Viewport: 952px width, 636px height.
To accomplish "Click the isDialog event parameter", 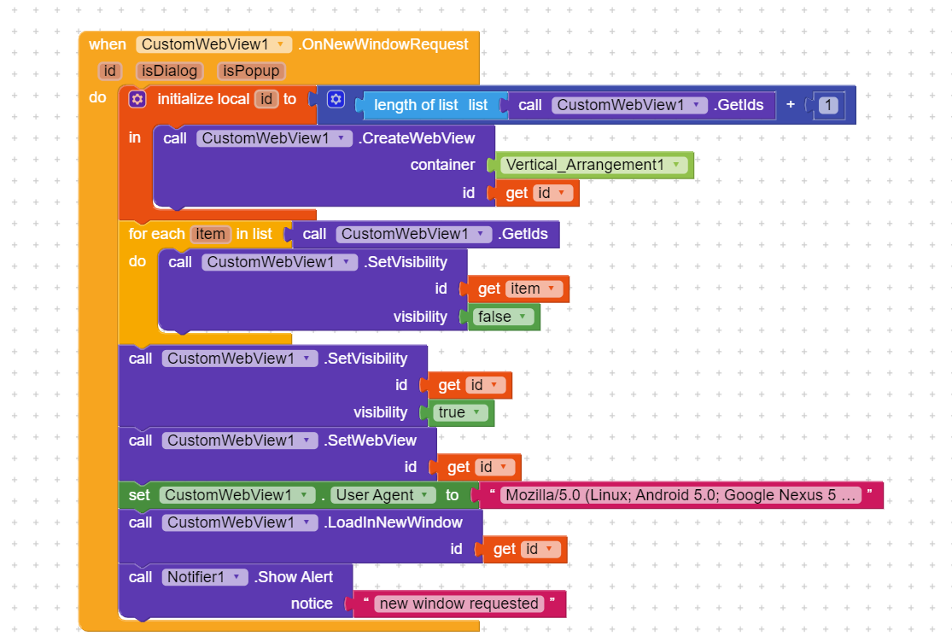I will coord(167,71).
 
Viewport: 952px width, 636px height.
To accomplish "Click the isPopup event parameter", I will coord(251,71).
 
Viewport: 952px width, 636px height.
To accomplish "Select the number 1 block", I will coord(827,105).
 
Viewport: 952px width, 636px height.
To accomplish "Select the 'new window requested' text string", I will coord(459,604).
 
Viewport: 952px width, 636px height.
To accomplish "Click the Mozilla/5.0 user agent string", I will coord(680,495).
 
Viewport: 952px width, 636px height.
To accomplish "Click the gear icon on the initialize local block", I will coord(137,99).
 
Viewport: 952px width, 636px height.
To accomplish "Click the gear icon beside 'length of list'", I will coord(336,100).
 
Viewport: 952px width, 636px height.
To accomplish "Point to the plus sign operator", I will coord(791,105).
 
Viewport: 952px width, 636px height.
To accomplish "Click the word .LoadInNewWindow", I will coord(393,522).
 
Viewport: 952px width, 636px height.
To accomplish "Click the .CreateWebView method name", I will coord(416,137).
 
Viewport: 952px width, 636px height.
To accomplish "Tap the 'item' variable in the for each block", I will coord(210,234).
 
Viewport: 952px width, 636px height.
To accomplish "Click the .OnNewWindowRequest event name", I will coord(383,44).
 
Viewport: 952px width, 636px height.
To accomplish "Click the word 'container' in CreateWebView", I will coord(442,165).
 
